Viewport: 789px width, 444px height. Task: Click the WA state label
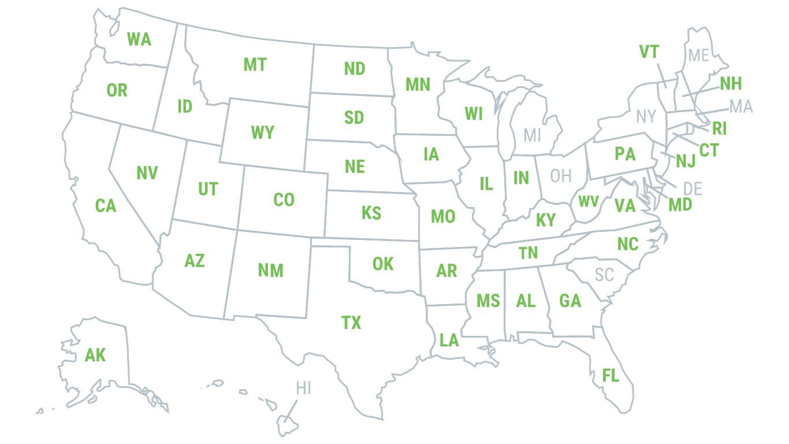(139, 39)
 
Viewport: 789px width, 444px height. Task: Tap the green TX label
(351, 323)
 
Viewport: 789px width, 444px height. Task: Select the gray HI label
(303, 388)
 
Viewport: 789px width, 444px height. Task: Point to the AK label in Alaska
(95, 355)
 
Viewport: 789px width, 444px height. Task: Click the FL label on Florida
(611, 376)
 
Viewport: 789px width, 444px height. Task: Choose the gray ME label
(698, 55)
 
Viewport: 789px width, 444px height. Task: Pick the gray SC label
(604, 275)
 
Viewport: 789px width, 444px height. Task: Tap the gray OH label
(560, 176)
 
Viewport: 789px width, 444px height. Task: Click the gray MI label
(532, 136)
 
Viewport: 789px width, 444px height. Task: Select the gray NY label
(646, 117)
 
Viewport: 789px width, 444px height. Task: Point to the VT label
(649, 53)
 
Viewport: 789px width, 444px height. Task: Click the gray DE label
(692, 188)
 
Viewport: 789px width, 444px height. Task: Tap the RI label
(719, 128)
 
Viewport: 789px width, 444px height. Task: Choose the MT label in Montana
(255, 65)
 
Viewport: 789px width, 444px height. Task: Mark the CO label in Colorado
(283, 200)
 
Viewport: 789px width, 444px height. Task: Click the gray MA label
(740, 107)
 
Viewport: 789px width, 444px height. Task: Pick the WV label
(588, 202)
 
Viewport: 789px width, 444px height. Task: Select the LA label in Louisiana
(449, 341)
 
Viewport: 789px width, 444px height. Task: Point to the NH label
(730, 84)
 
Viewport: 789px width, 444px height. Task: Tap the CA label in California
(105, 205)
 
